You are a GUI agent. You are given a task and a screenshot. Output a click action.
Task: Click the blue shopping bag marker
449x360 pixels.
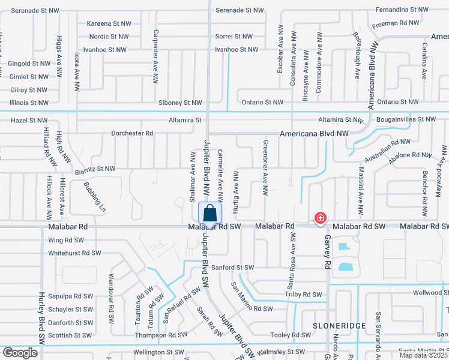tap(209, 214)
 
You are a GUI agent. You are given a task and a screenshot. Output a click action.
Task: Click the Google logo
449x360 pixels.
tap(20, 353)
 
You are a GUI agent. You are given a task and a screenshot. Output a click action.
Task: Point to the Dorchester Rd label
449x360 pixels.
tap(132, 133)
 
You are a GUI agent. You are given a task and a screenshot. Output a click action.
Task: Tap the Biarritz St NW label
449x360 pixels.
tap(95, 169)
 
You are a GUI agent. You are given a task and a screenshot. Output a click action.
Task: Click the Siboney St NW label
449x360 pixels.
tap(180, 103)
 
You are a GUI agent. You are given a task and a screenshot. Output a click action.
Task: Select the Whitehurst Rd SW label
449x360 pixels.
tap(74, 253)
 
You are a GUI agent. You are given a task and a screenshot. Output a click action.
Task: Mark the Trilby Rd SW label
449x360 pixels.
tap(303, 295)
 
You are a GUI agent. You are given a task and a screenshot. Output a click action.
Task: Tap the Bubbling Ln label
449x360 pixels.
tap(94, 197)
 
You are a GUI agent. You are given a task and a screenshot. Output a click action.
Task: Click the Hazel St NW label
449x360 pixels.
tap(29, 121)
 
